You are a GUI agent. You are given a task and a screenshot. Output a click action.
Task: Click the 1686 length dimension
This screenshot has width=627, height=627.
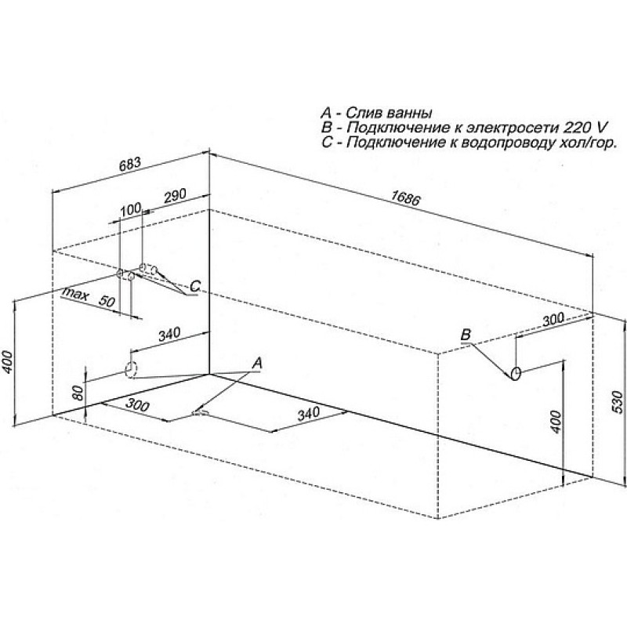coord(406,198)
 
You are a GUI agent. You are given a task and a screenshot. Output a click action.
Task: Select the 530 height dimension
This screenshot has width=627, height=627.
coord(618,401)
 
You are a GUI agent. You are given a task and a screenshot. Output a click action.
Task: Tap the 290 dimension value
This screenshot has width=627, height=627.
coord(176,195)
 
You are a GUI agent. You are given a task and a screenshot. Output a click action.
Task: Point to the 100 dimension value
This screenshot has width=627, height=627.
coord(131,208)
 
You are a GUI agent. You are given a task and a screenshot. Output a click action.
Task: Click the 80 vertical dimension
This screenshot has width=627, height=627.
coord(79,393)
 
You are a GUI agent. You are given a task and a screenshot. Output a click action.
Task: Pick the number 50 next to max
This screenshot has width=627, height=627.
coord(107,301)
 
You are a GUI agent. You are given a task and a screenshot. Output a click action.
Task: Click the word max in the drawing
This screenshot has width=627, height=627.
coord(75,294)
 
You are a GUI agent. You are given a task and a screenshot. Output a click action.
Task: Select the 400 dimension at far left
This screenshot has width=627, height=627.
coord(8,361)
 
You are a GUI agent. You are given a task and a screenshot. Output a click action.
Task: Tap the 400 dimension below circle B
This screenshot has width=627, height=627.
coord(556,422)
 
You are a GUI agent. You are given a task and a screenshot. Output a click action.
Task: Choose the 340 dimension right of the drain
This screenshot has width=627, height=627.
coord(309,414)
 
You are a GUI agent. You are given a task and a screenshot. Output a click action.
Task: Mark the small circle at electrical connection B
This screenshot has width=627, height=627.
coord(516,374)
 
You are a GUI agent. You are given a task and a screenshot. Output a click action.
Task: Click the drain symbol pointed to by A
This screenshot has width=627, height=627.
coord(201,412)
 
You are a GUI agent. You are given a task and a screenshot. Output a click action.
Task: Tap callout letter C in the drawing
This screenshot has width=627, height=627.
coord(195,286)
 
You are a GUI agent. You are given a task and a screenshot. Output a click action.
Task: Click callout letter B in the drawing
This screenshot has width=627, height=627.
coord(466,335)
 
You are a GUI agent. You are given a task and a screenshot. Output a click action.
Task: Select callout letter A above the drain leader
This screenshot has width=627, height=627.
coord(258,363)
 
